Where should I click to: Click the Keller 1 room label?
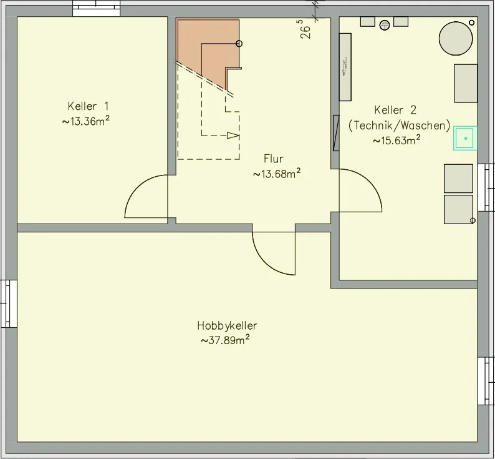pos(88,106)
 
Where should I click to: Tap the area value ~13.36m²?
pos(86,121)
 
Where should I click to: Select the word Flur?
pos(274,159)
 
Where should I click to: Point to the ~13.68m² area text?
pos(277,174)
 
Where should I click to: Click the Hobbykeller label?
pos(227,326)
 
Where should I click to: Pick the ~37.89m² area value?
pos(225,340)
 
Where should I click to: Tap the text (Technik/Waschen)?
pos(400,126)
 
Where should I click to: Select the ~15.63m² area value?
pos(396,140)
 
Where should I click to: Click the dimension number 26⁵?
pos(305,29)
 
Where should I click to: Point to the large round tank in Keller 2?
pos(456,39)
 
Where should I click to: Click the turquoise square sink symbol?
pos(465,138)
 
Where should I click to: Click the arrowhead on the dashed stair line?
pos(233,136)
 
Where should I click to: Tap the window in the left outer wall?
pos(9,304)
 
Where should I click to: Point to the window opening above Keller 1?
pos(97,8)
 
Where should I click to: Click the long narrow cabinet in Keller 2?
pos(345,67)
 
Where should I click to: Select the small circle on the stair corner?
pos(239,44)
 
